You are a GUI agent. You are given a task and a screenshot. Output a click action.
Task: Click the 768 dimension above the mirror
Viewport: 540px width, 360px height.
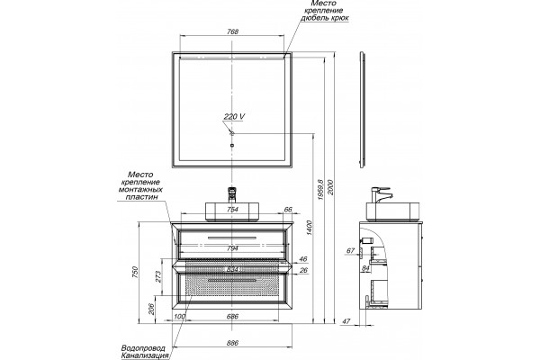[233, 31]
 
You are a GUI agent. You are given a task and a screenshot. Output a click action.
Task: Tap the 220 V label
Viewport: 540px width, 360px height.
[234, 117]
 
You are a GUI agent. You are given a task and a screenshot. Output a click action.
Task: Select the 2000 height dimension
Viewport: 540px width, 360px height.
[330, 187]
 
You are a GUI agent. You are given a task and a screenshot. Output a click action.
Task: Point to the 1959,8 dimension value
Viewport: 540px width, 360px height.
[320, 190]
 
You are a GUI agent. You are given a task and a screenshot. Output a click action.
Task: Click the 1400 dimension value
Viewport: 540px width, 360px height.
[309, 228]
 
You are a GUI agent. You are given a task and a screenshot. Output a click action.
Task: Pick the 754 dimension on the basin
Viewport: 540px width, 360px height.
[233, 210]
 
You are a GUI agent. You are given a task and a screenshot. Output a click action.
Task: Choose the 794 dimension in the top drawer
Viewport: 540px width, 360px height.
[233, 247]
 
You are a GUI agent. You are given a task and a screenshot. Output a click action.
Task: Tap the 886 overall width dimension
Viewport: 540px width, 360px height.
[233, 343]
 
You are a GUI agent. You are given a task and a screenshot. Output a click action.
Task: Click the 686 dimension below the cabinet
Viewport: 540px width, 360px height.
[233, 317]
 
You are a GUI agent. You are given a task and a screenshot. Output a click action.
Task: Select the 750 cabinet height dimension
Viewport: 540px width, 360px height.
[135, 272]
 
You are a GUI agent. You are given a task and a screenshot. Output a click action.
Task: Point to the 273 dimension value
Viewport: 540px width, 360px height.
[158, 276]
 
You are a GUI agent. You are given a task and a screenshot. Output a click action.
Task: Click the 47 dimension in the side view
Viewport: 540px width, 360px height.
[346, 321]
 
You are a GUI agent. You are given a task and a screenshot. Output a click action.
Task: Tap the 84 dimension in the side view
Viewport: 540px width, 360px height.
[365, 268]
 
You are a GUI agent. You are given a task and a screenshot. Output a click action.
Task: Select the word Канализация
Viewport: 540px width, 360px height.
[145, 355]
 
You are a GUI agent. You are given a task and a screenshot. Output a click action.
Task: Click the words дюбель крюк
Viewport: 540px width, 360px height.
[324, 18]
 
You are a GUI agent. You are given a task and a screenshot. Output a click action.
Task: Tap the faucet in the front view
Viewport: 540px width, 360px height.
[233, 194]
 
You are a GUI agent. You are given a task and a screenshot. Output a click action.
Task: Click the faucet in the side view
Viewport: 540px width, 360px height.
[382, 195]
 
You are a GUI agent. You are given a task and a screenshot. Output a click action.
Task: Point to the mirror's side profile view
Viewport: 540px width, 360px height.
[363, 110]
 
